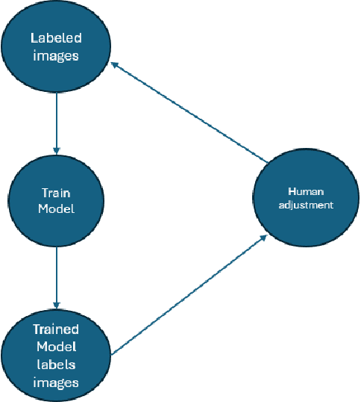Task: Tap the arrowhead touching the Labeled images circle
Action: click(116, 66)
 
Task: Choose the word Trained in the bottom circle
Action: click(55, 329)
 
